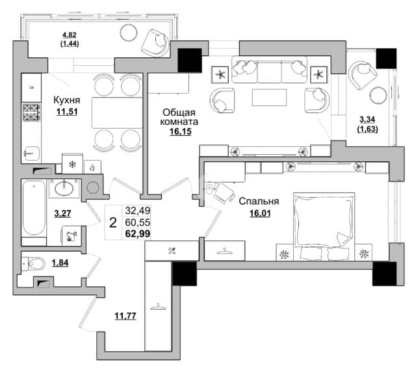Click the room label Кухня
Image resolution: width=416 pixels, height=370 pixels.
[x=68, y=100]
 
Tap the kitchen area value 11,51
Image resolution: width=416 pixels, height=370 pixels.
[x=68, y=111]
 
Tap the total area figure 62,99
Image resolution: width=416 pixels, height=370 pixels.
[x=137, y=235]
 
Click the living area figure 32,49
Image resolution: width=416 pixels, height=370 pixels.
[x=137, y=211]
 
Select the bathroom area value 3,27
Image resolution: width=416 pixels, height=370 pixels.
[x=62, y=213]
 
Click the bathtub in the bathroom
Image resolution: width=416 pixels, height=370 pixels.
[x=34, y=210]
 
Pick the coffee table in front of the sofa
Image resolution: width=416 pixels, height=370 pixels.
[x=268, y=98]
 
